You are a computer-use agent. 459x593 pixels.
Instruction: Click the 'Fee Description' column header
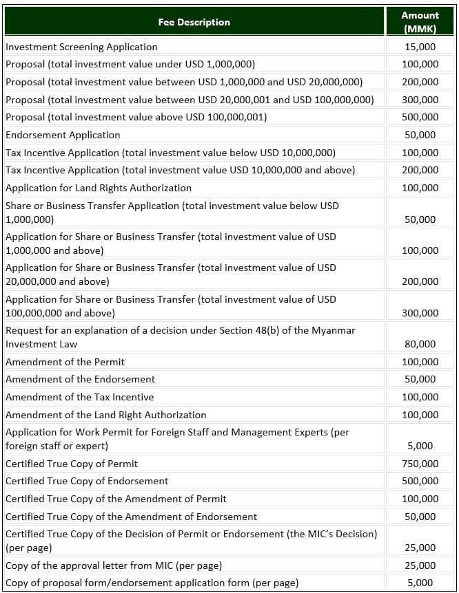(x=194, y=22)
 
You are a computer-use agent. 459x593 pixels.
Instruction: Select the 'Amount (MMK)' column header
(x=420, y=22)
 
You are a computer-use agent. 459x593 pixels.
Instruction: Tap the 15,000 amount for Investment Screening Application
(x=420, y=47)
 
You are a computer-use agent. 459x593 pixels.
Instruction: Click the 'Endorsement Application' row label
(x=63, y=135)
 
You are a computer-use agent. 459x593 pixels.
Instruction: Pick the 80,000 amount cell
(x=420, y=344)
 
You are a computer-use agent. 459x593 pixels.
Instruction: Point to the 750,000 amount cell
(x=420, y=464)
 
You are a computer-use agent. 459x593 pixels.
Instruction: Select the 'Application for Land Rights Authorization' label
(x=99, y=188)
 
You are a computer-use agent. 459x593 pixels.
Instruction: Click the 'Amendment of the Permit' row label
(x=65, y=362)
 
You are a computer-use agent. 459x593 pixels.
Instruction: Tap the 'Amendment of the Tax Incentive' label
(x=79, y=397)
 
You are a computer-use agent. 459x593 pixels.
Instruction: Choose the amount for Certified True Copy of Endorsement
(x=420, y=481)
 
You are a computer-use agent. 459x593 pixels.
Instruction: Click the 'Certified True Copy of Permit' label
(x=72, y=464)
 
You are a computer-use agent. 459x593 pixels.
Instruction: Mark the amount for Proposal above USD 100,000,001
(x=420, y=117)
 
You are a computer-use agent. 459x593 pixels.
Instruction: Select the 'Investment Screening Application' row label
(x=81, y=47)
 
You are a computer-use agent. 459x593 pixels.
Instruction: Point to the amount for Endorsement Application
(x=420, y=135)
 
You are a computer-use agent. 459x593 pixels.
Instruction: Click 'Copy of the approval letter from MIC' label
(x=114, y=565)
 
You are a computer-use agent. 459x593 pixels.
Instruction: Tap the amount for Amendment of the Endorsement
(x=420, y=379)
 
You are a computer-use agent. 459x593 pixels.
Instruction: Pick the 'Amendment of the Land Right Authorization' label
(x=105, y=415)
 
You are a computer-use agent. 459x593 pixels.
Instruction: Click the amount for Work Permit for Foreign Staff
(x=420, y=446)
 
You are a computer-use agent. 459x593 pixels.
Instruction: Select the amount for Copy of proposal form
(x=420, y=583)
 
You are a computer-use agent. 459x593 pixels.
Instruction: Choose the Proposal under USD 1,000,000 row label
(x=130, y=64)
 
